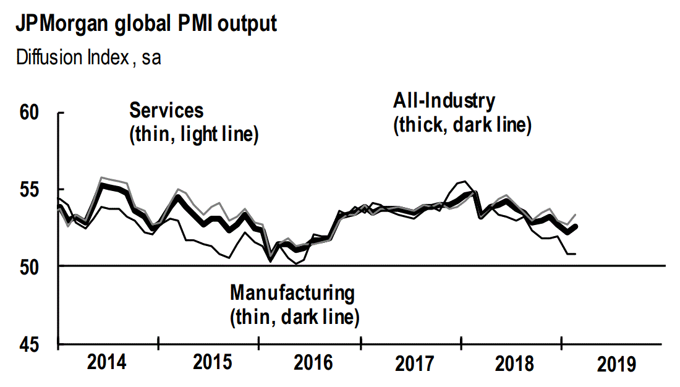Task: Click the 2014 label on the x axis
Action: click(x=108, y=363)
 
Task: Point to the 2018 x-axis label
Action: click(x=514, y=363)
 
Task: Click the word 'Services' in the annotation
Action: click(x=166, y=111)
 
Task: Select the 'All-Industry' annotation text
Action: click(x=444, y=101)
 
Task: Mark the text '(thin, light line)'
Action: click(x=193, y=135)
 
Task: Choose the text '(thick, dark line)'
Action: click(x=462, y=125)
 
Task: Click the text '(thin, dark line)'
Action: click(x=294, y=317)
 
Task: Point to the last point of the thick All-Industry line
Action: click(x=576, y=226)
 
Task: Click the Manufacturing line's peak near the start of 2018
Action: click(x=464, y=181)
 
